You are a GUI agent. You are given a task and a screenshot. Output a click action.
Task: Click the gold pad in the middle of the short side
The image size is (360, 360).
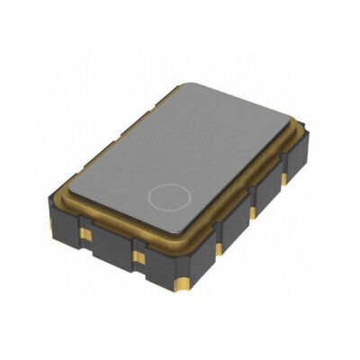point(138,256)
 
